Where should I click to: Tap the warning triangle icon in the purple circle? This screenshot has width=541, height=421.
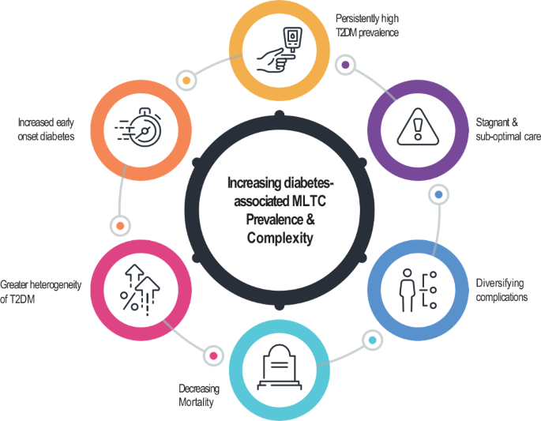click(x=415, y=124)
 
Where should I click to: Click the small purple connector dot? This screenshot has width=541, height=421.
click(x=344, y=64)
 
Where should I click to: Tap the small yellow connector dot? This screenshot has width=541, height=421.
click(x=187, y=80)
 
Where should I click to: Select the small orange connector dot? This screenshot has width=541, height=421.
click(x=120, y=226)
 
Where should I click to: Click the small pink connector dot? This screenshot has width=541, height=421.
click(x=212, y=355)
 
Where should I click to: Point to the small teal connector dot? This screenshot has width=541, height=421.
click(x=372, y=340)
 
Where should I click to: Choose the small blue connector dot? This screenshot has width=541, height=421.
click(x=439, y=194)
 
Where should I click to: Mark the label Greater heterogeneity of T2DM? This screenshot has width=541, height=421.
click(x=40, y=290)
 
